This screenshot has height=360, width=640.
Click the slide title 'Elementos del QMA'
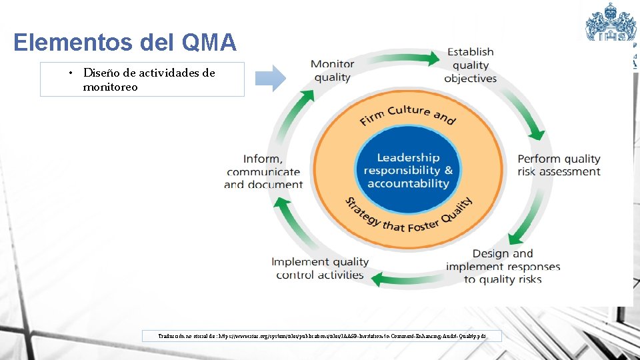tap(125, 43)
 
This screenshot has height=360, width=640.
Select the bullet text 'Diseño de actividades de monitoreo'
tap(149, 79)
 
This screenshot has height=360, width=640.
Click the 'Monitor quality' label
tap(332, 71)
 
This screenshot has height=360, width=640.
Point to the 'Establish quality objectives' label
tap(471, 65)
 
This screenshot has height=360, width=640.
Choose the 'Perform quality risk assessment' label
tap(559, 165)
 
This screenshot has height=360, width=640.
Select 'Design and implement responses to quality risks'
tap(503, 266)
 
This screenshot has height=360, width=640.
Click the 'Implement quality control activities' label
tap(319, 268)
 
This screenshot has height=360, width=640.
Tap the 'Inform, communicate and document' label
tap(263, 171)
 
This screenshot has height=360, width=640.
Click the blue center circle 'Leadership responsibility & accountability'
tap(407, 171)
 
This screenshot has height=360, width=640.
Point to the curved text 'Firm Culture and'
tap(407, 115)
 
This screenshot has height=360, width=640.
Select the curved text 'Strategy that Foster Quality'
tap(408, 217)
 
